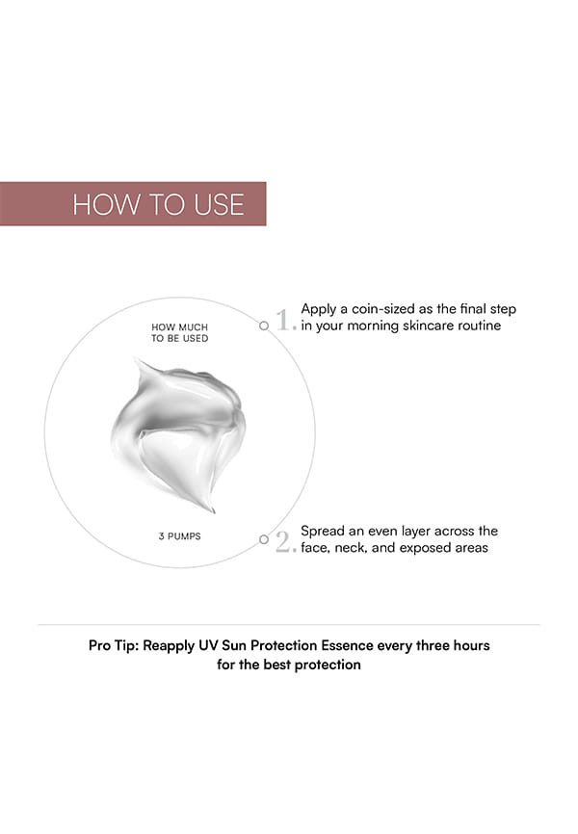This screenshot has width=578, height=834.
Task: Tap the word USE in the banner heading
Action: pyautogui.click(x=220, y=204)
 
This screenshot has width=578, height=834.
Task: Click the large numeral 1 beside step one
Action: pyautogui.click(x=282, y=320)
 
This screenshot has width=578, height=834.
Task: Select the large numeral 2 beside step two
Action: pyautogui.click(x=283, y=541)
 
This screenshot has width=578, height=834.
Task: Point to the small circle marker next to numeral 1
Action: pyautogui.click(x=264, y=326)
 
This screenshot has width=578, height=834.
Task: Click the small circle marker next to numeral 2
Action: pyautogui.click(x=264, y=539)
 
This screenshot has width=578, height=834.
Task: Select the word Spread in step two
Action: pyautogui.click(x=323, y=532)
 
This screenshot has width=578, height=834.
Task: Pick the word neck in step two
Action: pyautogui.click(x=351, y=548)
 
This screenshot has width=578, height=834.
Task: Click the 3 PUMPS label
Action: pyautogui.click(x=180, y=536)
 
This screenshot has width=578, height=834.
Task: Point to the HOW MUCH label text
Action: pyautogui.click(x=180, y=327)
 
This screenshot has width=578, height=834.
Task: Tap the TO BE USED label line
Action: pyautogui.click(x=180, y=338)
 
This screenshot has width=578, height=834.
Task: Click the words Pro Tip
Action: pyautogui.click(x=114, y=645)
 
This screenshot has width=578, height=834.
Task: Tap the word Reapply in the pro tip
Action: pyautogui.click(x=169, y=646)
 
